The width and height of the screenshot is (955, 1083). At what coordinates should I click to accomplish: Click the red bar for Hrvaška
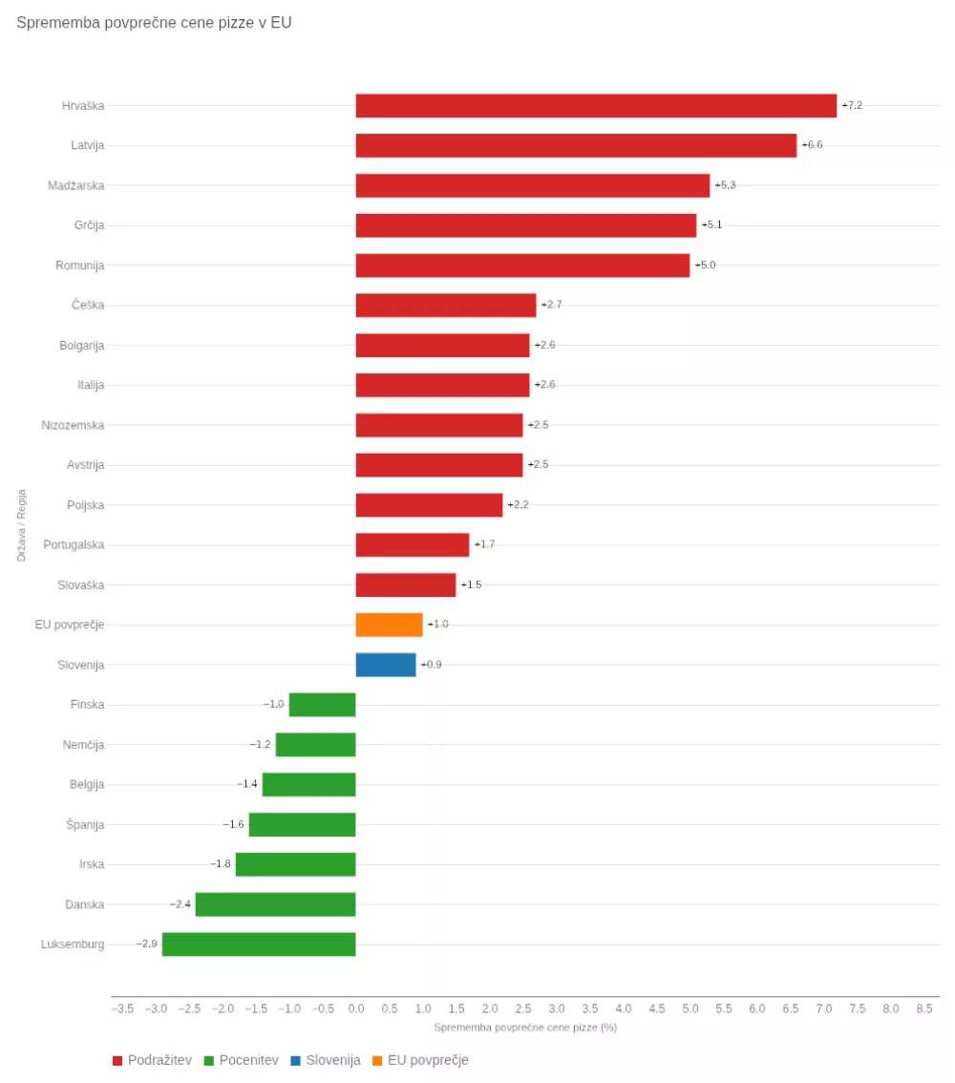596,106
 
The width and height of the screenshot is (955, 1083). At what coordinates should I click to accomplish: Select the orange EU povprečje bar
389,625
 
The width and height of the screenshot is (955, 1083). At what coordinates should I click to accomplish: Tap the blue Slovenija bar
386,665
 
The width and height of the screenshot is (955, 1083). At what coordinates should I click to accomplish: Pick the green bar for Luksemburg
259,945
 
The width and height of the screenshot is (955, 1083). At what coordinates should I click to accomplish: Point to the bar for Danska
275,904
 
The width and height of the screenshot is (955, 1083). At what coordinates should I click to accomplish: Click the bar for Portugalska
413,544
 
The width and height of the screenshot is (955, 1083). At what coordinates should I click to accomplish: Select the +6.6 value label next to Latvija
812,145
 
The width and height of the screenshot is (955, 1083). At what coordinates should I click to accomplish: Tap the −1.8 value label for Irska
221,864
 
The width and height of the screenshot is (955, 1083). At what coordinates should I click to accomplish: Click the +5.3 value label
725,185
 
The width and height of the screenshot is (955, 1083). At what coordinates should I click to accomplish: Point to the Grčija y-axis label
89,225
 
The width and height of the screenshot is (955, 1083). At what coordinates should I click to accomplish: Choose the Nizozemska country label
73,425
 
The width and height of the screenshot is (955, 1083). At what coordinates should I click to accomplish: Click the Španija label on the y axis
86,824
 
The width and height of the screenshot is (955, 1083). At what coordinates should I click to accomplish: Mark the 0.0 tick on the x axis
356,1009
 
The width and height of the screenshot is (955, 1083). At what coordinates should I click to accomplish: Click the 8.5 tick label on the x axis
924,1009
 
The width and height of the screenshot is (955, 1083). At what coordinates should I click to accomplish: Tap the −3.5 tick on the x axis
122,1009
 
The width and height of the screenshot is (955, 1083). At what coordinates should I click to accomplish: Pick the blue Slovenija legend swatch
296,1060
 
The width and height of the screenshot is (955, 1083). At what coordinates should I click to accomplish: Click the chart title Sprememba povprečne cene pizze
154,23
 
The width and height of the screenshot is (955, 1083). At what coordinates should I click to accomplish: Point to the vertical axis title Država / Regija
21,525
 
